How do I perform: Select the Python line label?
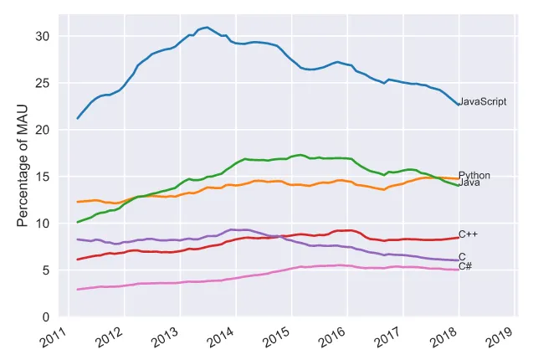(474, 176)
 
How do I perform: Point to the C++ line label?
(468, 235)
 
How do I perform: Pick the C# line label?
(465, 266)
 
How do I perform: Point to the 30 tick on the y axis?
(43, 36)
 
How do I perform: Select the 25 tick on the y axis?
(43, 83)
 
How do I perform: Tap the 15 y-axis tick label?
(43, 177)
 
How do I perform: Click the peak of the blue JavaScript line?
(207, 28)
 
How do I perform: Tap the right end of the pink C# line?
(458, 270)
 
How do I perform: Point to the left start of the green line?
(78, 222)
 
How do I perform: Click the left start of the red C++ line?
(78, 260)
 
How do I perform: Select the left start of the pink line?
(78, 290)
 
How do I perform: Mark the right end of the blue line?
(458, 104)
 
